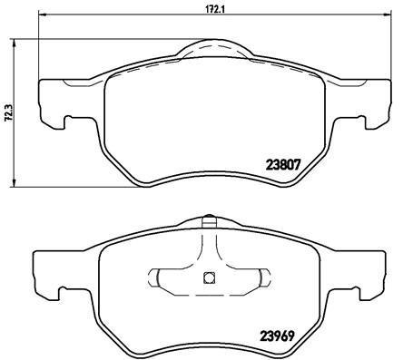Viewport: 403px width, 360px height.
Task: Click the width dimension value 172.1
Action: [212, 8]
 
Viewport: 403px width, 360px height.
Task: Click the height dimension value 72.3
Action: [9, 112]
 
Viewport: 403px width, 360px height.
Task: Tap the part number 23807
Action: [283, 165]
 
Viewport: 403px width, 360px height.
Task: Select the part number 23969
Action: [277, 336]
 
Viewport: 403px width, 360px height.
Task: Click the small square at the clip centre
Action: [209, 277]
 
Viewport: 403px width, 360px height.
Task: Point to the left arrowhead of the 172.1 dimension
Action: [44, 14]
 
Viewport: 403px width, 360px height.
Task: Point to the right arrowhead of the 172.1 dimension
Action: [387, 14]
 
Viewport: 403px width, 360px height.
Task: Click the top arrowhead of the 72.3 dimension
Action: [14, 44]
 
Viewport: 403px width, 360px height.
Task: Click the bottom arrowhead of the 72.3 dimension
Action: [14, 182]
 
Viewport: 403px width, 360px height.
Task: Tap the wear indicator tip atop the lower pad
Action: [209, 220]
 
